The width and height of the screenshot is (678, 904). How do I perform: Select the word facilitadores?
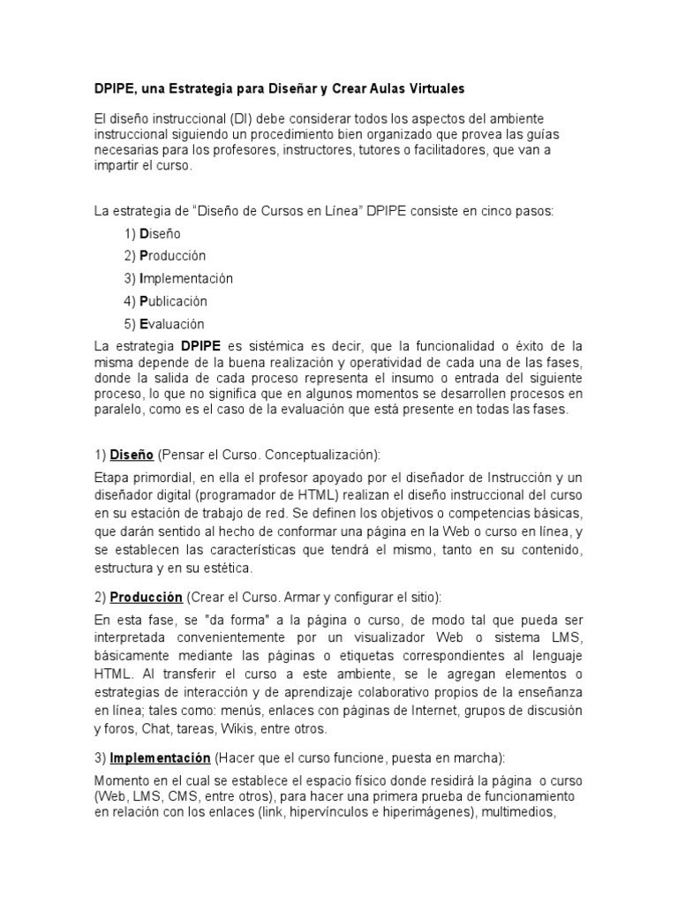(x=456, y=150)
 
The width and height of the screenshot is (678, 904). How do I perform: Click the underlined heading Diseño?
(x=132, y=455)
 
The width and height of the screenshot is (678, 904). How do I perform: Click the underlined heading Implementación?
(x=160, y=758)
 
